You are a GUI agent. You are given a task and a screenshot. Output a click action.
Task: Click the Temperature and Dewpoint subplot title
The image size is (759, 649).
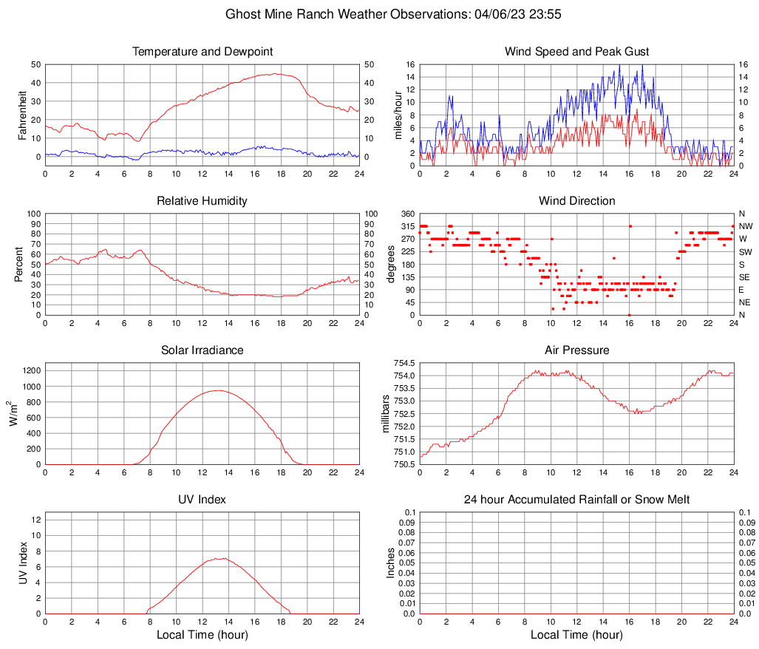coord(202,52)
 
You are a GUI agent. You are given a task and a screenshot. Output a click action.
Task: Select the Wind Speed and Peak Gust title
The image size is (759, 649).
coord(576,52)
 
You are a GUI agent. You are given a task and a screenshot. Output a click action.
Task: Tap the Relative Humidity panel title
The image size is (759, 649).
coord(202,201)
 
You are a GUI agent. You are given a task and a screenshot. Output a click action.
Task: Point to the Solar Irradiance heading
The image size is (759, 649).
coord(202,350)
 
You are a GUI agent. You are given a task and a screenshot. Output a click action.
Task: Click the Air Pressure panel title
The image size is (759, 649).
coord(576,350)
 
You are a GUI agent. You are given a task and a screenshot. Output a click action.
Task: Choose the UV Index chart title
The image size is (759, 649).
coord(202,500)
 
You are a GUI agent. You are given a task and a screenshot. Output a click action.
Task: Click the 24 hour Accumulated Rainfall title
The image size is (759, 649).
coord(576,500)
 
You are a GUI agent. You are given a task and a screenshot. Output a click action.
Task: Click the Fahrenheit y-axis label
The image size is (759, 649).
coord(23,115)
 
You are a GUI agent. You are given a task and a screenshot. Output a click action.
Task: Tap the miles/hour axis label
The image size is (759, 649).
coord(398,115)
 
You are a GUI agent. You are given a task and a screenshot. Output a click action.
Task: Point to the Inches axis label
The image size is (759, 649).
coord(391,563)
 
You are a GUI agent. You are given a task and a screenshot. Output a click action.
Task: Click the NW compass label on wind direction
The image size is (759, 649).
coord(745,226)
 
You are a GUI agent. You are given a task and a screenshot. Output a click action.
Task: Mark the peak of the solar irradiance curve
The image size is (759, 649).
coord(217,390)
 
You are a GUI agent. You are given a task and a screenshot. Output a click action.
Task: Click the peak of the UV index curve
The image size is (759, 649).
coord(222,558)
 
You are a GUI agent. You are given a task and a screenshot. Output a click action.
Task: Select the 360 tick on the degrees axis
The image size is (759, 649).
coord(407,214)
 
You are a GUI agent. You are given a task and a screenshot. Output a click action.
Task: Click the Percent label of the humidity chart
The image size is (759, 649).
coord(18,264)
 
